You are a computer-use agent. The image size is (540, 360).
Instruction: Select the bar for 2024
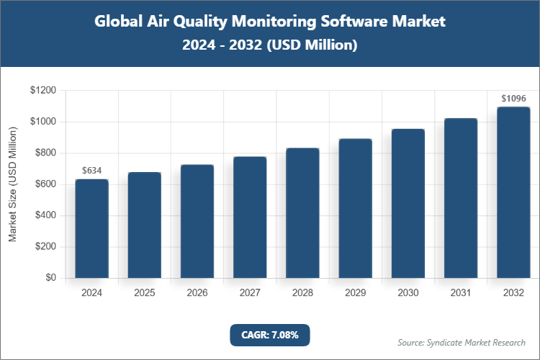pyautogui.click(x=91, y=228)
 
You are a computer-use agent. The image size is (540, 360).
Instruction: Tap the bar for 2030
pyautogui.click(x=408, y=204)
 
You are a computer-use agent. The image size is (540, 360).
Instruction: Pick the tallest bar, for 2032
pyautogui.click(x=513, y=192)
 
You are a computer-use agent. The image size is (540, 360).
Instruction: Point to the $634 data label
pyautogui.click(x=91, y=171)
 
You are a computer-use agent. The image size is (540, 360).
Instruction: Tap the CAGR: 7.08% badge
pyautogui.click(x=269, y=335)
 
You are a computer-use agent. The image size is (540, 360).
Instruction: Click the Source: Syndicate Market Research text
pyautogui.click(x=462, y=342)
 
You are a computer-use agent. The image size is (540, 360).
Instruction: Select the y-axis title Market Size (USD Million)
pyautogui.click(x=12, y=184)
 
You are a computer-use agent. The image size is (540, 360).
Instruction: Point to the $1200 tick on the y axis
pyautogui.click(x=43, y=91)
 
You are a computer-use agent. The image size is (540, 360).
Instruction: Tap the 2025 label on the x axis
pyautogui.click(x=144, y=293)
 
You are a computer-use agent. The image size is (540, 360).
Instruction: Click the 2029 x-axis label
pyautogui.click(x=355, y=293)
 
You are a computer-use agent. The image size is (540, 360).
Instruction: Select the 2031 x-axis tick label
pyautogui.click(x=461, y=293)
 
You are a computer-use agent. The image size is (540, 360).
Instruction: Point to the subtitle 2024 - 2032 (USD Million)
pyautogui.click(x=270, y=45)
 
